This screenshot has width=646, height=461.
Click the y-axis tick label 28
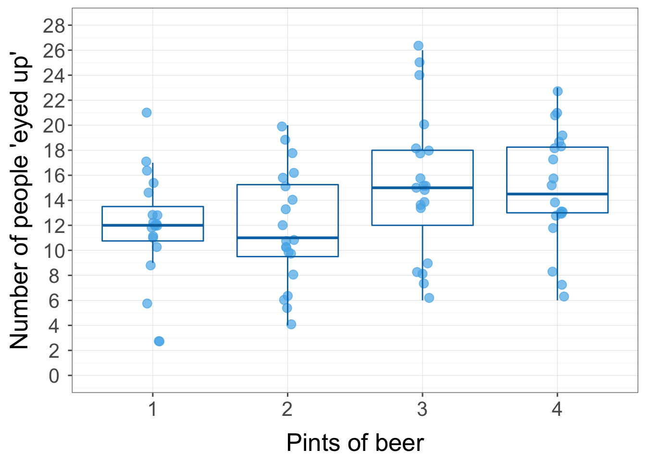53,25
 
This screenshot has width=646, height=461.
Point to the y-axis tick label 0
54,376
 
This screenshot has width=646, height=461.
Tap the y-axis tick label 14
53,200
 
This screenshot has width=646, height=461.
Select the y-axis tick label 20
53,125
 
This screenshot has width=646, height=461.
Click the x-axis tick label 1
153,410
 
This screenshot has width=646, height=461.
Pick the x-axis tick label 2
287,410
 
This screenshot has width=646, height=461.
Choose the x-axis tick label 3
422,410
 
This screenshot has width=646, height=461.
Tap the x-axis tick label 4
557,410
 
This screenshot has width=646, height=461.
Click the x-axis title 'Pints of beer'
355,442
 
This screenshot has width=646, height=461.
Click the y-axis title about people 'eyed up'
20,200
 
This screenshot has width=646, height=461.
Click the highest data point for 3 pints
418,46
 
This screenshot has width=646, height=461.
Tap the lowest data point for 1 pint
159,341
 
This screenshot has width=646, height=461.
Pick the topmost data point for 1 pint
147,112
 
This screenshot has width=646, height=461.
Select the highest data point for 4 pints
558,91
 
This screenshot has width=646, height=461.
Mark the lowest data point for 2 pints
291,324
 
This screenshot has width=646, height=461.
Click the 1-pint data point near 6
147,303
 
